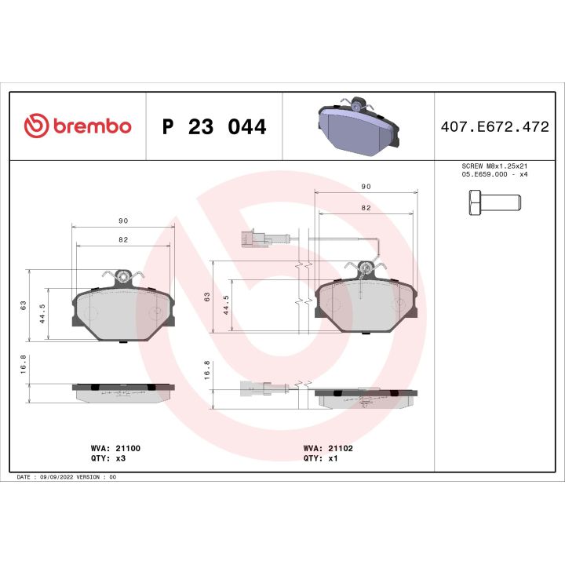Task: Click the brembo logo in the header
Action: pos(77,126)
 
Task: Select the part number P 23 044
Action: pos(213,126)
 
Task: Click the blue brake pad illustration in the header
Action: pos(357,126)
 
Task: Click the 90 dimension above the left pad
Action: pos(122,221)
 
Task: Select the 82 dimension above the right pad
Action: pos(366,208)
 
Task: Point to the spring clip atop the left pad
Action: pos(122,275)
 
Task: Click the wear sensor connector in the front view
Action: pos(253,238)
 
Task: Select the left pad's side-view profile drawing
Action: pos(123,392)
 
